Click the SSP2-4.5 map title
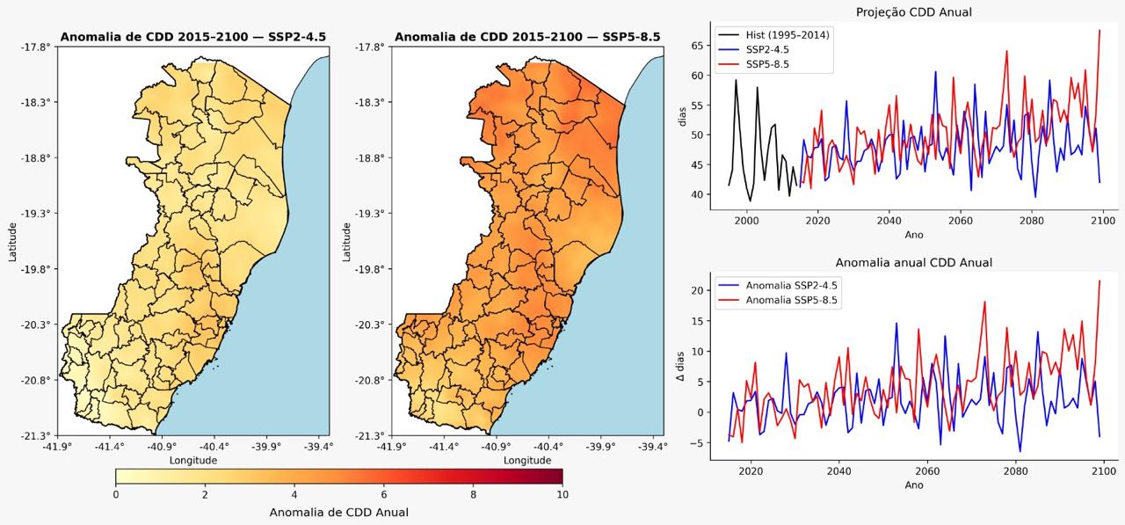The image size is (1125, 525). [x=192, y=37]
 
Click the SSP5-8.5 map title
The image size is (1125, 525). [x=527, y=37]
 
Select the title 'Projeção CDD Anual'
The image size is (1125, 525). [x=914, y=11]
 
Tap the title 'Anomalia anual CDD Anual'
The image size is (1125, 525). [x=914, y=262]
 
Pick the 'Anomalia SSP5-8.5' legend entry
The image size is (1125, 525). [x=792, y=301]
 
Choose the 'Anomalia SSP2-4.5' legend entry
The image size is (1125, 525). [x=792, y=286]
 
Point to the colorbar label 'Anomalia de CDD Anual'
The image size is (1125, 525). [x=338, y=512]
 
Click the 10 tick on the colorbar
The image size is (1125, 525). [x=562, y=494]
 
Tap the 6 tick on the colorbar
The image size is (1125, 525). [x=384, y=494]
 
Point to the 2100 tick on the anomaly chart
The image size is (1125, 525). [x=1103, y=471]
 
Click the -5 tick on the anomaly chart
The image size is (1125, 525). [x=698, y=443]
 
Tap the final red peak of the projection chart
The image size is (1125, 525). [x=1100, y=30]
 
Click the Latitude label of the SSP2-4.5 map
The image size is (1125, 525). [x=13, y=240]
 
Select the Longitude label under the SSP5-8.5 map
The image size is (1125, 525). [x=527, y=460]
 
